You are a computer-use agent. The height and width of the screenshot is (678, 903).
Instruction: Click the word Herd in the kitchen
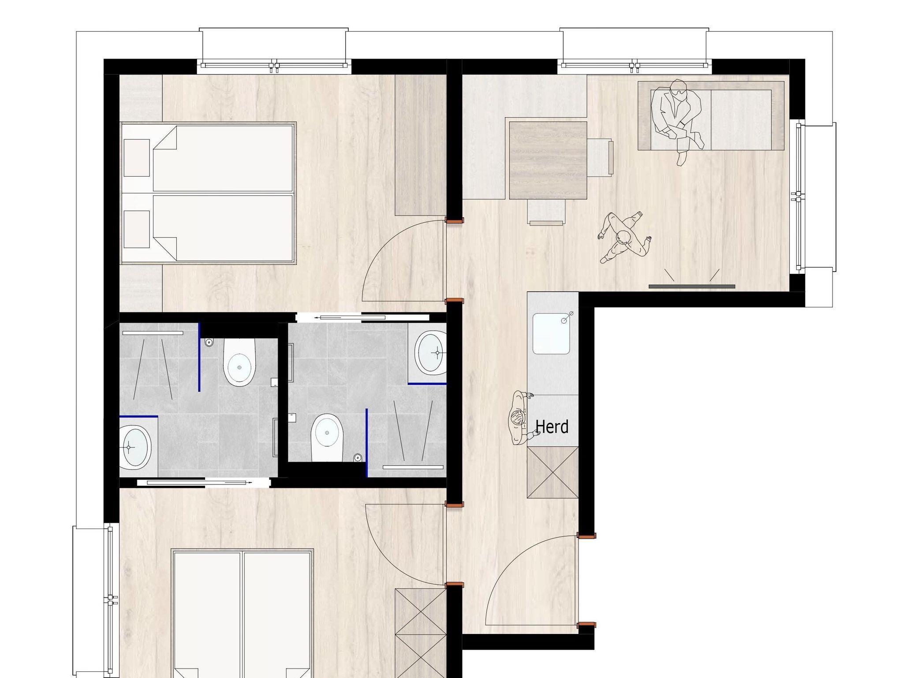pyautogui.click(x=552, y=427)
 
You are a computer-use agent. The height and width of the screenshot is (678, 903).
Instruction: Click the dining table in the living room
pyautogui.click(x=548, y=160)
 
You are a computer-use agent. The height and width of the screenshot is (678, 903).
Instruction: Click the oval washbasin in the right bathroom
pyautogui.click(x=430, y=353)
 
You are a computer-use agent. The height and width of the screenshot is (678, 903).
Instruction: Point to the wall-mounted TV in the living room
pyautogui.click(x=692, y=287)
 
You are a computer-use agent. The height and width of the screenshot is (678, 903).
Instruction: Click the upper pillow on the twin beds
pyautogui.click(x=137, y=158)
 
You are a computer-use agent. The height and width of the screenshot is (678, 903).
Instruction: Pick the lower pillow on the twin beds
pyautogui.click(x=137, y=229)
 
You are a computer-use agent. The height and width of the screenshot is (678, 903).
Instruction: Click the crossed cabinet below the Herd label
pyautogui.click(x=552, y=472)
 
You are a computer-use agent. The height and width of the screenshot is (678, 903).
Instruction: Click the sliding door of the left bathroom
pyautogui.click(x=203, y=483)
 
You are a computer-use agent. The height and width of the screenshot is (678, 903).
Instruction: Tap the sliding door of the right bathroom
pyautogui.click(x=362, y=317)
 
